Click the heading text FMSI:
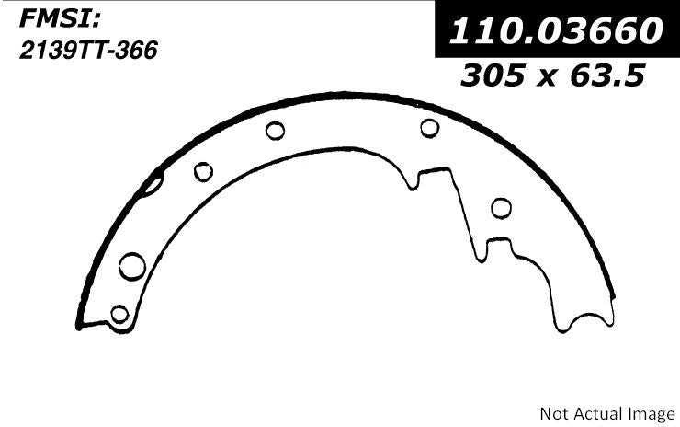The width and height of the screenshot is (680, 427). pos(60,19)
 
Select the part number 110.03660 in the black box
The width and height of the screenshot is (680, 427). pos(556,31)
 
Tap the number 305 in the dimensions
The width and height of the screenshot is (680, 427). pos(493,75)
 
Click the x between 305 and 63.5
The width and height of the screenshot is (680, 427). pos(548,77)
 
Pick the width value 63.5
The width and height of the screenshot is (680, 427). pos(607,75)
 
